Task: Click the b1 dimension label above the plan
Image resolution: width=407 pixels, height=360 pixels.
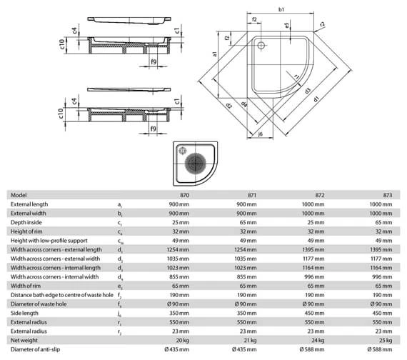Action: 281,9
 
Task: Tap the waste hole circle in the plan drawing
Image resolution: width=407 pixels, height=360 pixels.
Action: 261,46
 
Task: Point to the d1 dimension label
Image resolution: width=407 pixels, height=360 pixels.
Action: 316,99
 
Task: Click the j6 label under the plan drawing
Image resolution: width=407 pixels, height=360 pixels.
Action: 261,134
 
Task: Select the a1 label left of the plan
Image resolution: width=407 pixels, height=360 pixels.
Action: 214,54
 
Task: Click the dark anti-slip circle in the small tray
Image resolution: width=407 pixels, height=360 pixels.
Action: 195,164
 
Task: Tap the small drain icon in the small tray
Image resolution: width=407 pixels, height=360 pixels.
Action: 183,151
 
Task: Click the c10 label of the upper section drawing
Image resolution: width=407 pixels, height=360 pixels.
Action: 61,44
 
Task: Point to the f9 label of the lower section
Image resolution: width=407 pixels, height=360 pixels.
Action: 153,129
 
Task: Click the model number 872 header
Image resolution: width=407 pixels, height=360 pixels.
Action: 319,195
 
